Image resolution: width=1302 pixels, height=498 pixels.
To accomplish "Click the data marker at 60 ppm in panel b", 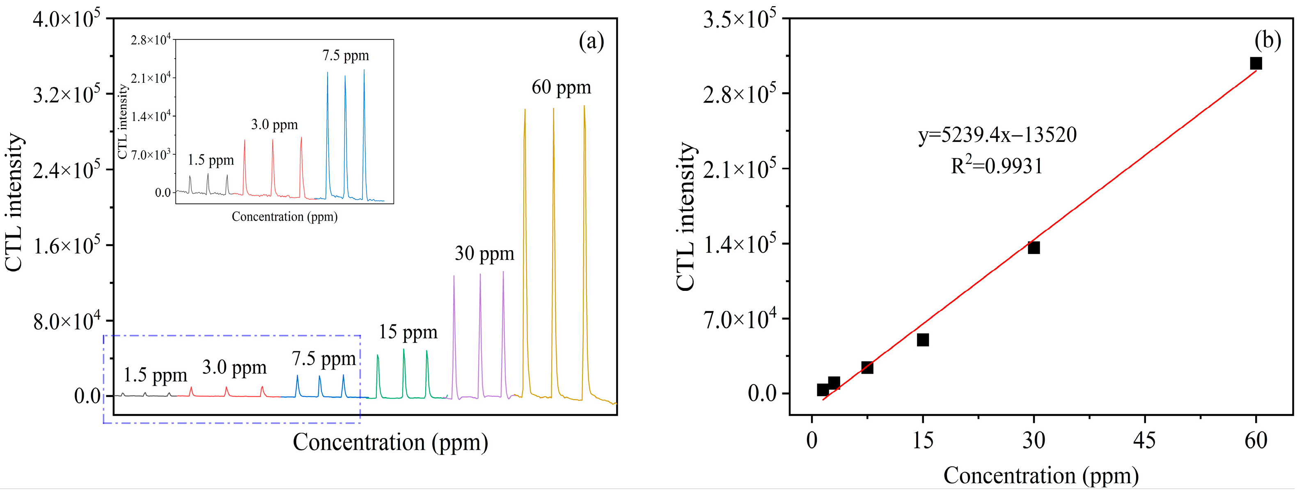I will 1256,63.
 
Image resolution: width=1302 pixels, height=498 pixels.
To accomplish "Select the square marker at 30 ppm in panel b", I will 1034,247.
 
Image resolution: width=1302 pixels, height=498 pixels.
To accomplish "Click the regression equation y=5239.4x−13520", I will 997,135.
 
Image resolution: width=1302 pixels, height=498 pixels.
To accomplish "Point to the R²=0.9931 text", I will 997,166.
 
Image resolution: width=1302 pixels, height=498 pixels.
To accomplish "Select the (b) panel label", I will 1268,40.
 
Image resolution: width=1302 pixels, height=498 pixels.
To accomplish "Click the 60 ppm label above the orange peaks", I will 561,87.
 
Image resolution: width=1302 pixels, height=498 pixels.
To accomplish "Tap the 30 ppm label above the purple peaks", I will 484,254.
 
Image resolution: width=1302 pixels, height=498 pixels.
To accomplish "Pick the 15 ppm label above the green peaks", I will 408,332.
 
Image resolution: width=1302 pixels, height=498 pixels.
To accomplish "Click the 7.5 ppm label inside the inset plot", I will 346,55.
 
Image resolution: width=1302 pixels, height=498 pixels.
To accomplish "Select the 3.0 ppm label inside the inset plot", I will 275,125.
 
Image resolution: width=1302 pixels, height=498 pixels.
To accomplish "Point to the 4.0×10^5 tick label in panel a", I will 66,20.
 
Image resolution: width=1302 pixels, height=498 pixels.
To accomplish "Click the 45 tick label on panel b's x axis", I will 1144,441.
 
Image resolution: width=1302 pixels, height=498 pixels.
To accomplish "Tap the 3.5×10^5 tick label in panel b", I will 739,20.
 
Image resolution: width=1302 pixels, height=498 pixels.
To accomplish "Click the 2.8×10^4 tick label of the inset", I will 151,40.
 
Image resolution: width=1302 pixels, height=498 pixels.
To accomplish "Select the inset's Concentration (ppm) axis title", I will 284,217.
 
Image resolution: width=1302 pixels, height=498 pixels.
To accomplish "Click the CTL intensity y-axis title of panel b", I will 686,216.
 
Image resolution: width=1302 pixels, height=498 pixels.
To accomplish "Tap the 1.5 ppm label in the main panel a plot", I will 155,375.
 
